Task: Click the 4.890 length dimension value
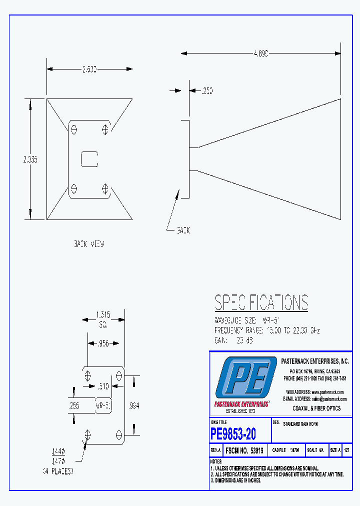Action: tap(260, 53)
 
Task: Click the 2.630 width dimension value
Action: tap(89, 69)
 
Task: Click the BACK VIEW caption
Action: tap(88, 244)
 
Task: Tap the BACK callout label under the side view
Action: tap(183, 231)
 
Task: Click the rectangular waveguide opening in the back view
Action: tap(89, 159)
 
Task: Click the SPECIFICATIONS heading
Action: tap(261, 303)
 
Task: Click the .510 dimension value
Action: tap(103, 386)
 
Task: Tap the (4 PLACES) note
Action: tap(57, 471)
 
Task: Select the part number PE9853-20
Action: tap(233, 433)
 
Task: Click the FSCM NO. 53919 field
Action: tap(245, 450)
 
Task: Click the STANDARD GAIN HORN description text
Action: tap(300, 424)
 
